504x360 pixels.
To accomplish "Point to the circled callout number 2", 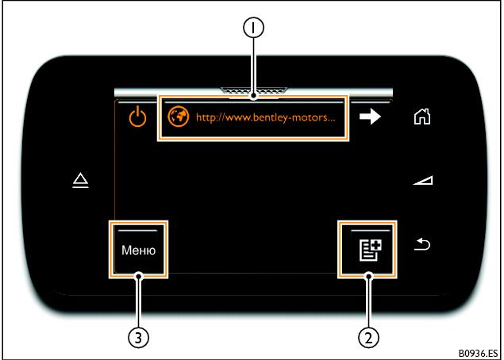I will [x=367, y=337].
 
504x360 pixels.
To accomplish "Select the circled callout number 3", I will [x=139, y=337].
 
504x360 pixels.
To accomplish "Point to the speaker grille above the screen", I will [x=254, y=91].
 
